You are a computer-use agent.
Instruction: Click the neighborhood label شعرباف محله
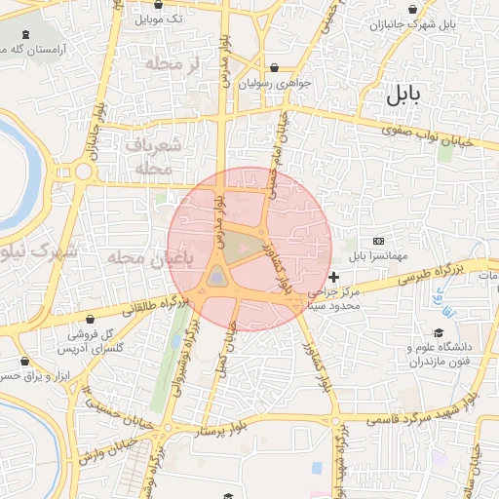(x=154, y=156)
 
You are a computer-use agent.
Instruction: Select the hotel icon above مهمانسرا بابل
(x=379, y=241)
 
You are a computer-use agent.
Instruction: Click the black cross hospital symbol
(x=334, y=278)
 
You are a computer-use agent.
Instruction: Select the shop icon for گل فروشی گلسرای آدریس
(x=90, y=319)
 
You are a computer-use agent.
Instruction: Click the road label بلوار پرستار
(x=217, y=426)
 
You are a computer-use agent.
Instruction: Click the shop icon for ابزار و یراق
(x=24, y=360)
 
